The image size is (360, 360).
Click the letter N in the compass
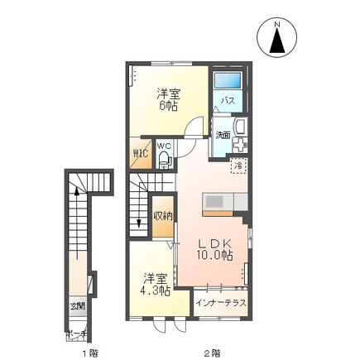pos(279,24)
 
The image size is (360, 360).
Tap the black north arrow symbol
pos(279,41)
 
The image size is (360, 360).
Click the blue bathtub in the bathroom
pos(228,82)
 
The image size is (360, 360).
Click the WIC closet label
pos(141,154)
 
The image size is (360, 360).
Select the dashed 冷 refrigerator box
pos(238,166)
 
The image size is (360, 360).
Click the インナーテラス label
pos(221,303)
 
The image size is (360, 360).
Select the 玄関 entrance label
pos(76,308)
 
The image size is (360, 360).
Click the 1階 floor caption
pos(90,353)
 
